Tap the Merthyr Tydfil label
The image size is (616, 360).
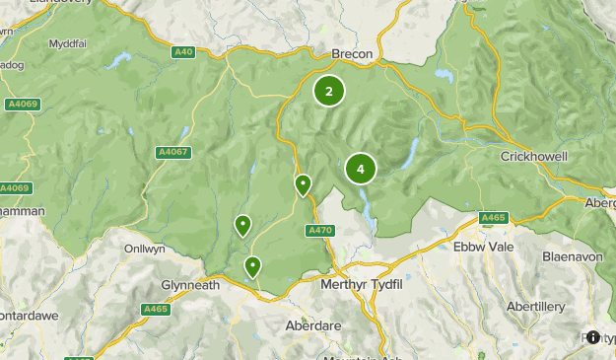click(x=364, y=284)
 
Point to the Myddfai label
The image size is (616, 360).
click(x=69, y=44)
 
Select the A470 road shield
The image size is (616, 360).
click(x=319, y=230)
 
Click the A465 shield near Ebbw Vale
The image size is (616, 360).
click(x=493, y=216)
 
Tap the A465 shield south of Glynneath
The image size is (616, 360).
click(x=155, y=309)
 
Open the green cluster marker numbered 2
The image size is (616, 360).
click(x=329, y=92)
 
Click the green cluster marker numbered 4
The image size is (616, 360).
click(x=361, y=170)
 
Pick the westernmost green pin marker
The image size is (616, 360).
click(x=241, y=226)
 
